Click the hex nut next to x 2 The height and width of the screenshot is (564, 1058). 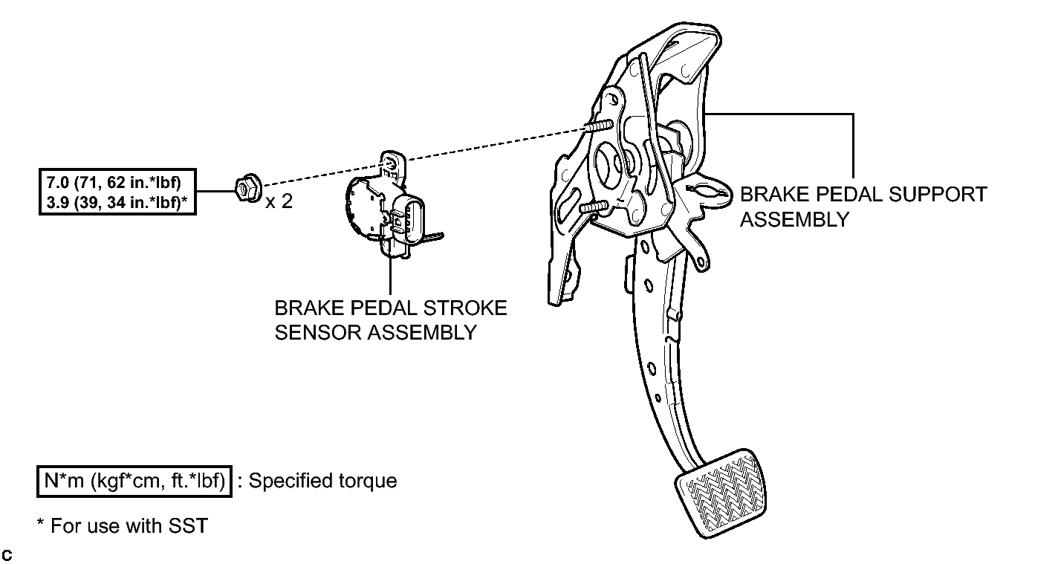(x=248, y=189)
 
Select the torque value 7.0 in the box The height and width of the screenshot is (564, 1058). (x=58, y=182)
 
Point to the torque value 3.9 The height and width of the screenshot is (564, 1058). (x=58, y=203)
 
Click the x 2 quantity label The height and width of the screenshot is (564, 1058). (x=279, y=201)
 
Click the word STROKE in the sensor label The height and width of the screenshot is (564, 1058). (x=465, y=308)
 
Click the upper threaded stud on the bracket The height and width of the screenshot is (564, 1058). (x=598, y=126)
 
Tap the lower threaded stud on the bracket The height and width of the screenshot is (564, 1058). (x=594, y=206)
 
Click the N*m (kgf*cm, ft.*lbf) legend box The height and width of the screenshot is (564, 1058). (x=134, y=482)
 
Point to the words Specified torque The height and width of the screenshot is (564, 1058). (x=323, y=481)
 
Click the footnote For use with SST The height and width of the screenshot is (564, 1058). (x=129, y=526)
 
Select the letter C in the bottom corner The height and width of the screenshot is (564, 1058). (x=7, y=556)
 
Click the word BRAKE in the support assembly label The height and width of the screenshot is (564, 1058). (x=773, y=195)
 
